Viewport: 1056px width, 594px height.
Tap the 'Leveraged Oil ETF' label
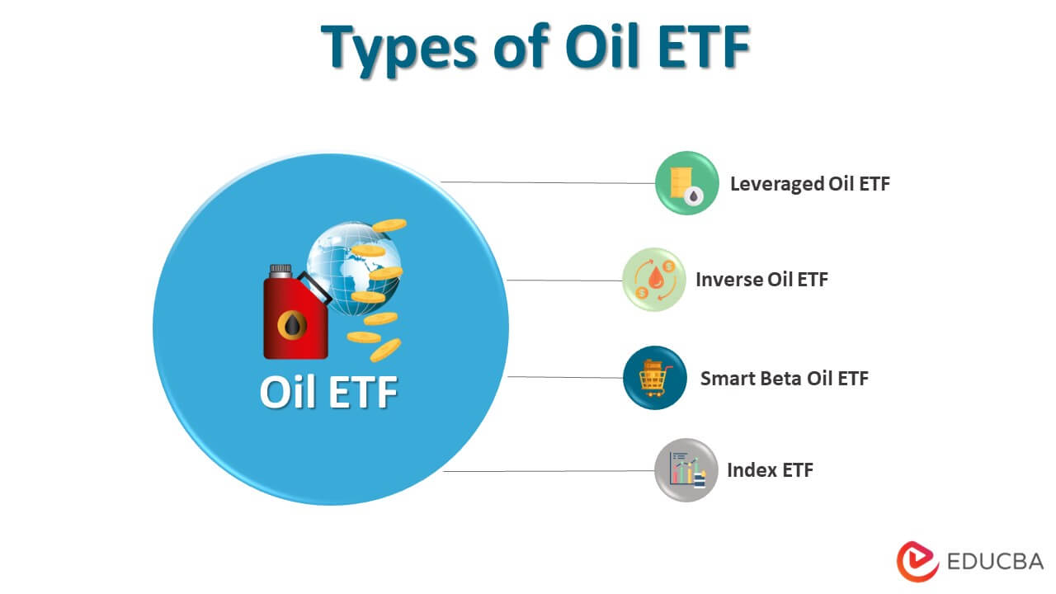809,183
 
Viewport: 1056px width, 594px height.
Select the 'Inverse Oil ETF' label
761,279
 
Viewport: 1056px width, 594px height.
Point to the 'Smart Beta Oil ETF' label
784,378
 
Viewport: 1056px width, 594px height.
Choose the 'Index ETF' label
770,470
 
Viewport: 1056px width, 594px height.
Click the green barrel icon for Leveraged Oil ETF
686,183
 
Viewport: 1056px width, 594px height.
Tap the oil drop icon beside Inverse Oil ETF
653,280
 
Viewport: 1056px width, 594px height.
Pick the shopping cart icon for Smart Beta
654,378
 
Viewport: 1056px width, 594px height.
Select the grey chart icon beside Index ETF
686,470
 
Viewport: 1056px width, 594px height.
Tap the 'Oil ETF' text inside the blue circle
328,392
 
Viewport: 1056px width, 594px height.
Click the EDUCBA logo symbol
917,562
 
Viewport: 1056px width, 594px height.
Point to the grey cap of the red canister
280,270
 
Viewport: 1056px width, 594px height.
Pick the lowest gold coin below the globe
384,350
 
